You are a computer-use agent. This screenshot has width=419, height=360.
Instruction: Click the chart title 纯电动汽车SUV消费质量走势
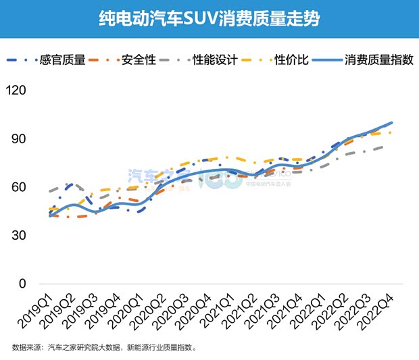coord(209,18)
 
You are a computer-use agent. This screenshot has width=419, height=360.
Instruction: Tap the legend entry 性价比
coord(291,60)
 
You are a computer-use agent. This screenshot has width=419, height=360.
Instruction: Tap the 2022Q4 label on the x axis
coord(380,311)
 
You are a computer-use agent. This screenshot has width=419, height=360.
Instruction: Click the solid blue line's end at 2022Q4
coord(392,123)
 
